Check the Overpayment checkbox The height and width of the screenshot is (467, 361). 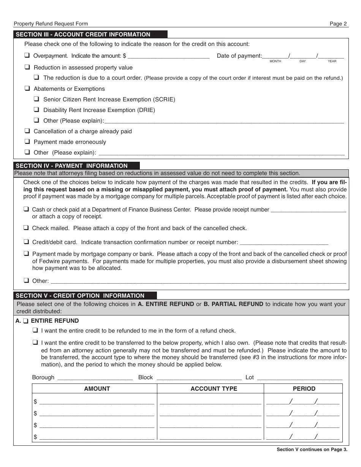click(x=27, y=55)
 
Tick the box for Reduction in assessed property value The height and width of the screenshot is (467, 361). click(x=27, y=67)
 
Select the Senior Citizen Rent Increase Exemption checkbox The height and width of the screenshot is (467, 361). click(x=36, y=99)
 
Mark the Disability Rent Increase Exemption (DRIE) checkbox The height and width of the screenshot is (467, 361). click(x=36, y=110)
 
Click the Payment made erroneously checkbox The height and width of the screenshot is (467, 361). click(x=27, y=142)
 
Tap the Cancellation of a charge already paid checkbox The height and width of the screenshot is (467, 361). click(x=27, y=131)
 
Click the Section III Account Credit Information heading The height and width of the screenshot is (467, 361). click(x=83, y=35)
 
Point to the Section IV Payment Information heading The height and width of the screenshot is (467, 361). click(x=71, y=166)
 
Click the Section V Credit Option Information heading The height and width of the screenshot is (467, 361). click(x=80, y=295)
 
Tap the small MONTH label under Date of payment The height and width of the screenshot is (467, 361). click(x=275, y=62)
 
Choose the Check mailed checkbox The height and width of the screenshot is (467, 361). click(x=26, y=228)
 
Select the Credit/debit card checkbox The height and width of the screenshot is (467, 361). click(x=26, y=241)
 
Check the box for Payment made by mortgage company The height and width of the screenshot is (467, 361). click(x=26, y=254)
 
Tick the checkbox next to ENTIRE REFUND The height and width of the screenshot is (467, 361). click(x=25, y=321)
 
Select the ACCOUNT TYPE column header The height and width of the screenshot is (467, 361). click(x=214, y=388)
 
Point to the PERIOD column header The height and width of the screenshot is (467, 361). click(x=304, y=388)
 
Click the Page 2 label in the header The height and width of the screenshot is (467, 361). click(x=338, y=24)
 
